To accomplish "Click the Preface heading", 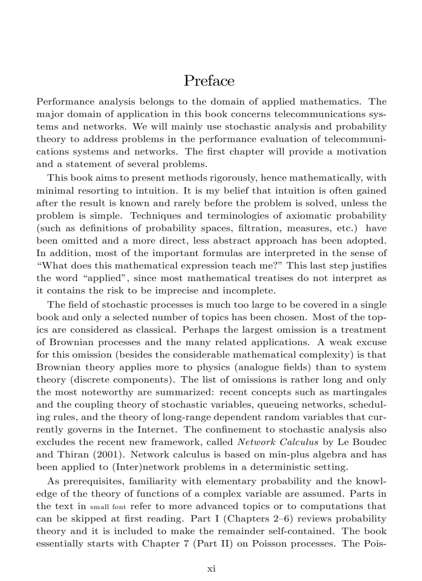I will pos(209,81).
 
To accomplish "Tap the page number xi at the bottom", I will pos(211,568).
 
